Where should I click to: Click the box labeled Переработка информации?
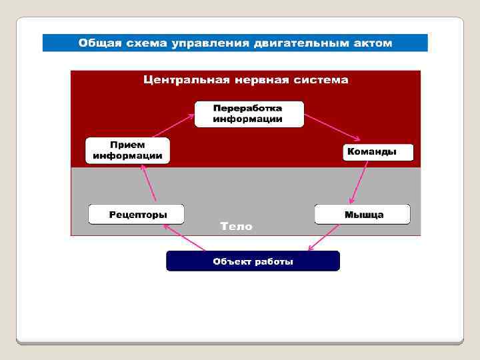249,114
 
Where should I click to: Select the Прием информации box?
127,151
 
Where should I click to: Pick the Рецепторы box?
137,214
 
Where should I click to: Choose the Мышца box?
363,214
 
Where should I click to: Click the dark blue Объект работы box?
253,261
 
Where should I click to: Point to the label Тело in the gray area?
237,227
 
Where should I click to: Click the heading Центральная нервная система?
246,80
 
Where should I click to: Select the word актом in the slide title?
371,43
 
